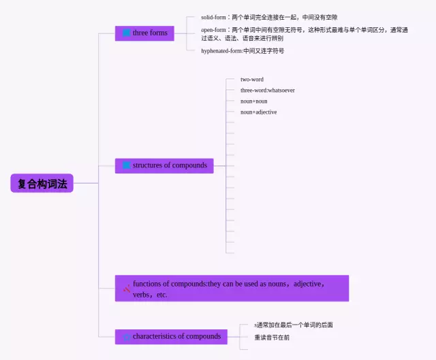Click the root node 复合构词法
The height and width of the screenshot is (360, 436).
(42, 183)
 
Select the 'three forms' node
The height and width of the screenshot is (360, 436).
(144, 33)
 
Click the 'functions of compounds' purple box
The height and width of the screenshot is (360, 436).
(232, 289)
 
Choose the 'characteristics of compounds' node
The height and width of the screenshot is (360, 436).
(171, 336)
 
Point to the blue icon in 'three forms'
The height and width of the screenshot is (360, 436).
(126, 33)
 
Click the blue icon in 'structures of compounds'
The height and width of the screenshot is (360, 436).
(126, 165)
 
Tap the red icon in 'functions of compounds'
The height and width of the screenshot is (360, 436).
(126, 289)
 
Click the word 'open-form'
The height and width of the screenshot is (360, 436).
(213, 30)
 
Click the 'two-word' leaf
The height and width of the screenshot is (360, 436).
(252, 80)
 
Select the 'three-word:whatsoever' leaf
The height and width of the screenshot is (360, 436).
(268, 91)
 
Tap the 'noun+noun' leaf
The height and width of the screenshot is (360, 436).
(254, 101)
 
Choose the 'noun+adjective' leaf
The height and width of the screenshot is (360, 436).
(259, 112)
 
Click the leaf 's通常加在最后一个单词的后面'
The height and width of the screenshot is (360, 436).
(294, 325)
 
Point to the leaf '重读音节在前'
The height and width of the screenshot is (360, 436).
(272, 338)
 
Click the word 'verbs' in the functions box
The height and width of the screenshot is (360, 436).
(142, 295)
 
